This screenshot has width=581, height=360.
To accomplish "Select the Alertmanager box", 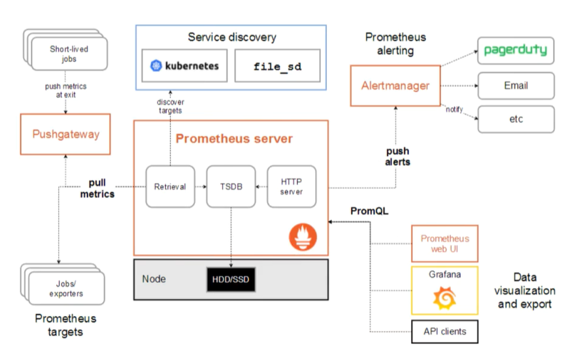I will [x=395, y=86].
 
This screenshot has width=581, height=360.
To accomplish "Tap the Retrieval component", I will [x=170, y=186].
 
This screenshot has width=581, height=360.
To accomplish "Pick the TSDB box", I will [x=230, y=186].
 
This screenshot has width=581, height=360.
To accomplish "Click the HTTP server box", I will [x=291, y=186].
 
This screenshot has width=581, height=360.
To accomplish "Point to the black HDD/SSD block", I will [x=230, y=280].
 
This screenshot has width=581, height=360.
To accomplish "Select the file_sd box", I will [x=277, y=66].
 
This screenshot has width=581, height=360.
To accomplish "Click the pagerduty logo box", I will [x=516, y=50].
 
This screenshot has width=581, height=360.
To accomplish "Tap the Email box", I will [x=516, y=86].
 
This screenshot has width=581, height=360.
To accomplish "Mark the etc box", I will [x=516, y=119].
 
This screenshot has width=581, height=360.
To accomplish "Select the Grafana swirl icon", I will [x=444, y=299].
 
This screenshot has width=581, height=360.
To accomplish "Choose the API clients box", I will [x=444, y=331].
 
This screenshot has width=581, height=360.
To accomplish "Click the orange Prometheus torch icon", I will [x=302, y=236].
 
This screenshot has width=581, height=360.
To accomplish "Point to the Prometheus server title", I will [x=234, y=139].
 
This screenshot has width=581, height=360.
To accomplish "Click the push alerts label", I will [x=397, y=156].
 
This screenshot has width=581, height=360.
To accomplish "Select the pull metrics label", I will [x=97, y=189].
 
